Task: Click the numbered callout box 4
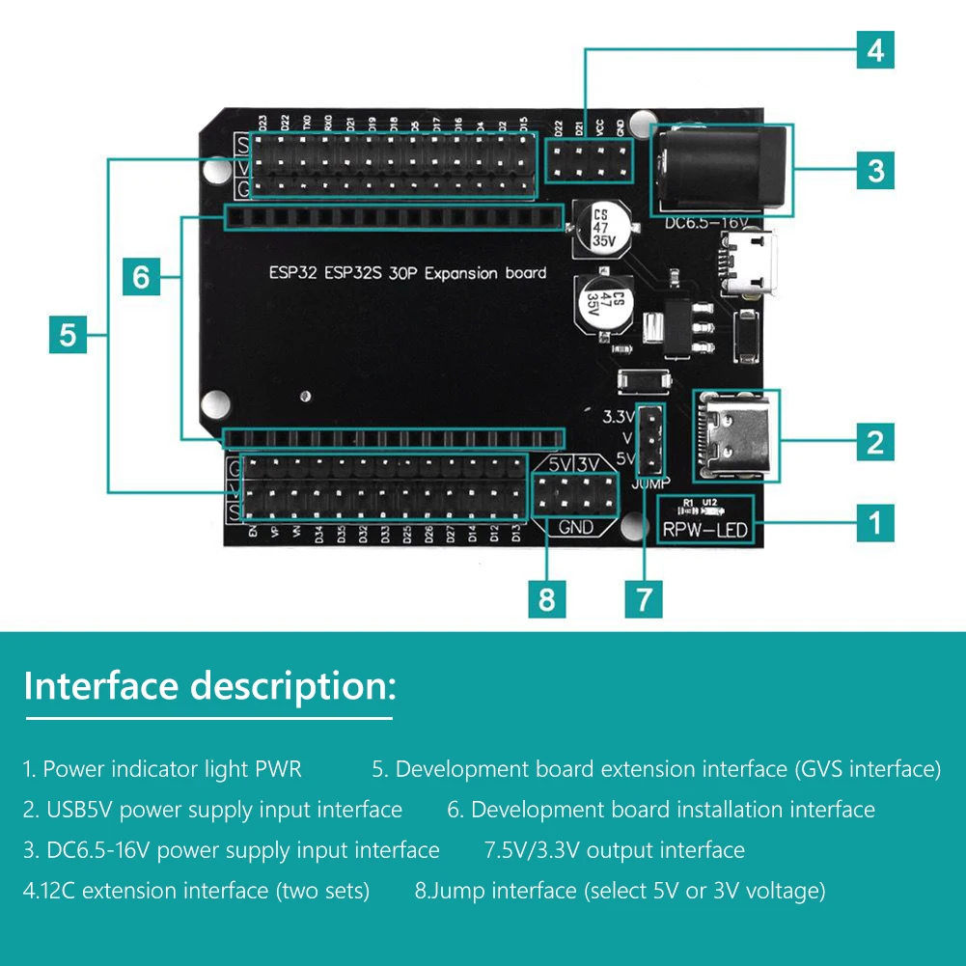click(x=875, y=49)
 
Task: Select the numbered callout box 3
click(x=875, y=171)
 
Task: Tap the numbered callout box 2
click(x=875, y=442)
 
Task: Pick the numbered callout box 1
click(x=875, y=523)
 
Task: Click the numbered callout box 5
click(x=68, y=336)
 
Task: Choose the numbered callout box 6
click(x=141, y=278)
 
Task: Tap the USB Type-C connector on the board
click(x=735, y=435)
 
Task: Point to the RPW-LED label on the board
click(x=704, y=530)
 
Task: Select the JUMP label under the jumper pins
click(x=652, y=483)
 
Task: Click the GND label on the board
click(x=576, y=527)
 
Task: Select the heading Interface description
click(x=208, y=686)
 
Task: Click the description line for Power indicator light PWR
click(x=162, y=769)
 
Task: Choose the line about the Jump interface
click(x=620, y=890)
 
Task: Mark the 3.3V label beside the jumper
click(x=619, y=418)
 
